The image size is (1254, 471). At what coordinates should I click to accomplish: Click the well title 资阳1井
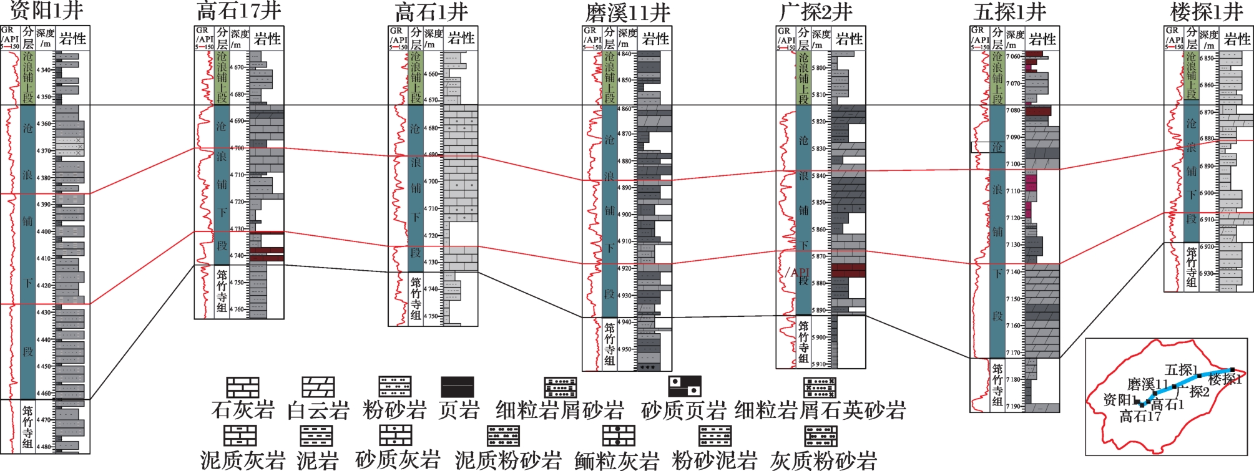[46, 11]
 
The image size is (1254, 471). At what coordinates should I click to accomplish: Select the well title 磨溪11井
[627, 12]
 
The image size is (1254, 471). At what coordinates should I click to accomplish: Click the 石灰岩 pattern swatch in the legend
[242, 387]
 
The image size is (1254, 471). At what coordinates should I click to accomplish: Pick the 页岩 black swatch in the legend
[457, 387]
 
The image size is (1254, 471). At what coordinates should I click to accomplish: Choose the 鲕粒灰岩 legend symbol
[618, 435]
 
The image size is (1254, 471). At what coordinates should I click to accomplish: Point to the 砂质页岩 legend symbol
[684, 387]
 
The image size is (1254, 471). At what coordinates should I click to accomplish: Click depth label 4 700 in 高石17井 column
[238, 148]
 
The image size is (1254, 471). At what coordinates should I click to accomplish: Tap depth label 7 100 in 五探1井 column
[1013, 164]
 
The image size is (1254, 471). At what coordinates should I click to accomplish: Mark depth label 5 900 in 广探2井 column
[818, 337]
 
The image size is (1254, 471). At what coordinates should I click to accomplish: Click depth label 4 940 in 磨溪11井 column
[625, 323]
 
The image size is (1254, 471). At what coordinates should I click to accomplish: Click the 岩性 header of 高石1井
[461, 39]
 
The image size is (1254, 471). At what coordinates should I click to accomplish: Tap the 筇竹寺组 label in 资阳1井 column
[27, 427]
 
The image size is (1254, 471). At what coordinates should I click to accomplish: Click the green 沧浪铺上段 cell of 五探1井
[997, 78]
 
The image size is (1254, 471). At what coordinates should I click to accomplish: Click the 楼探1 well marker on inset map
[1232, 370]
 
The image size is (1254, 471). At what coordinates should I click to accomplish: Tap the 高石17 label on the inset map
[1140, 417]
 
